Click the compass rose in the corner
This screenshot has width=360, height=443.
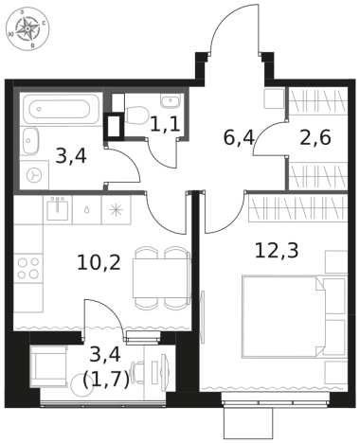[x=27, y=29]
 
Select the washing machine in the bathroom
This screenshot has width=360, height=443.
[x=34, y=175]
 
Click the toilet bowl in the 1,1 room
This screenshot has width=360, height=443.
[x=136, y=115]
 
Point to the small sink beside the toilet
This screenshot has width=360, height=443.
[x=171, y=100]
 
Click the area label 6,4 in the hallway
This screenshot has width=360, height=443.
[x=239, y=138]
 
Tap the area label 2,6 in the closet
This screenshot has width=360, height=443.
[x=315, y=138]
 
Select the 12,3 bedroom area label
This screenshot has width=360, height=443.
[x=277, y=251]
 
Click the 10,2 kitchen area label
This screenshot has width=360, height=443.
[x=99, y=263]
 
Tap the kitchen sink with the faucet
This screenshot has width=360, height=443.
[x=58, y=209]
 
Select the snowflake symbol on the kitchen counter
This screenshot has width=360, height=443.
[x=116, y=210]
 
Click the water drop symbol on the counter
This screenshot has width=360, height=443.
[x=86, y=210]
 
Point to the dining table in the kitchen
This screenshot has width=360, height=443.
[x=161, y=277]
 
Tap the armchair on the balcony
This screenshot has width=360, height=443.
[x=49, y=366]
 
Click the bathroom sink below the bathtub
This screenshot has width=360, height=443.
[x=30, y=141]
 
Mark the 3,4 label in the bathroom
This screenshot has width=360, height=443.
[x=71, y=157]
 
